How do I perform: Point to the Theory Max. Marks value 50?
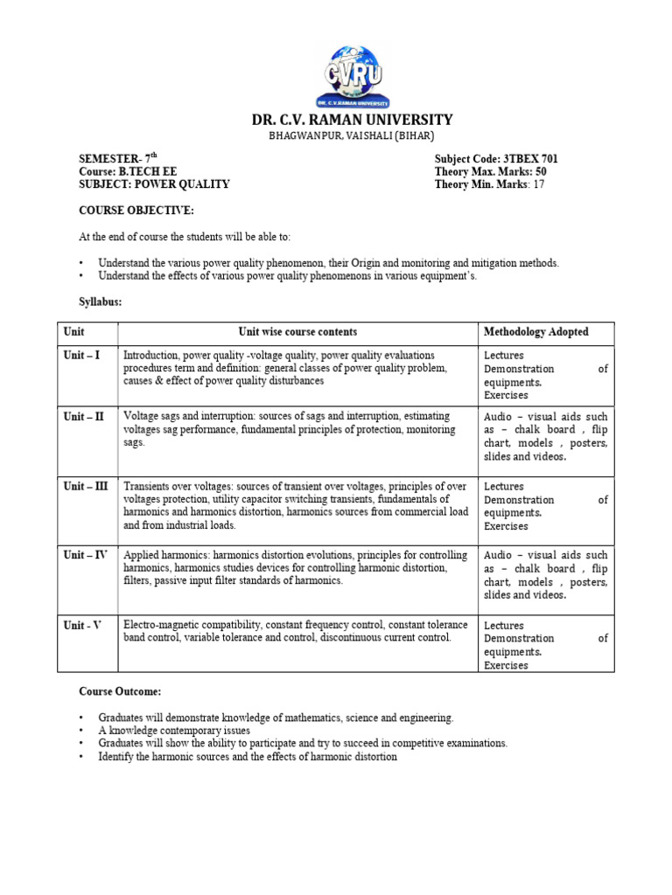(x=541, y=171)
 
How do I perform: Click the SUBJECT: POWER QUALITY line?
(x=154, y=184)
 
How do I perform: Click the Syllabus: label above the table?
(x=101, y=302)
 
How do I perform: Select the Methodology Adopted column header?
(x=535, y=332)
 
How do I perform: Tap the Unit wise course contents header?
(x=297, y=332)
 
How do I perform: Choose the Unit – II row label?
(x=83, y=417)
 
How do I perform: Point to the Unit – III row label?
(x=86, y=486)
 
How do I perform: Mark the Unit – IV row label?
(x=85, y=555)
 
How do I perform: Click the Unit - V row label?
(x=83, y=625)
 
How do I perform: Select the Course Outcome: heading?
(x=120, y=691)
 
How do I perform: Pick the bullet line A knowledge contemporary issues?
(x=174, y=731)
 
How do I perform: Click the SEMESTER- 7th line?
(x=118, y=158)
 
